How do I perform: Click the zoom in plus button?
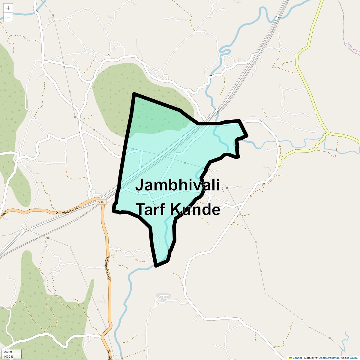click(x=8, y=8)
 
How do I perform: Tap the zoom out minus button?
click(x=8, y=17)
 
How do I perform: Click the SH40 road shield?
click(x=102, y=202)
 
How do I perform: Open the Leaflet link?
click(x=297, y=358)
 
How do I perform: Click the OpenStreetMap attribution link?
click(x=329, y=358)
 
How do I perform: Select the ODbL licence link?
click(x=353, y=358)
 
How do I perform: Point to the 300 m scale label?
click(x=8, y=352)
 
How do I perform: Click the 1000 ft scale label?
click(x=8, y=356)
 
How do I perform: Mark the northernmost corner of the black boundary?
click(x=134, y=94)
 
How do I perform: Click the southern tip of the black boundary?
click(x=156, y=266)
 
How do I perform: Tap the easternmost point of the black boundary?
click(x=247, y=136)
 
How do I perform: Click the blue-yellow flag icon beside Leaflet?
click(x=290, y=358)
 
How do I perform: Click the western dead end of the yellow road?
click(x=279, y=165)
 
